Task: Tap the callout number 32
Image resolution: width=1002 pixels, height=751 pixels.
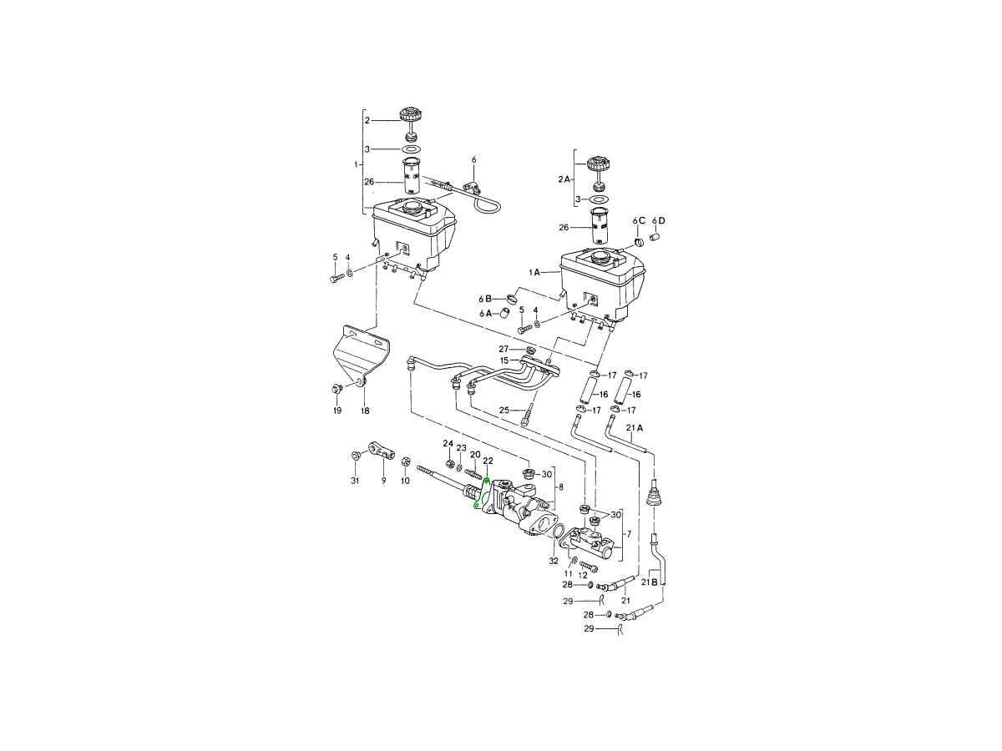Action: tap(554, 561)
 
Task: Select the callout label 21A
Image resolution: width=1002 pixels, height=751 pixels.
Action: tap(634, 428)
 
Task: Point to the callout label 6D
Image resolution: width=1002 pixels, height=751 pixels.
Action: tap(658, 220)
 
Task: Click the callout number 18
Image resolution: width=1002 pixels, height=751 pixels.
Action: tap(365, 411)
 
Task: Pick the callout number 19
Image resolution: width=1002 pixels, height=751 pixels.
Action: tap(337, 411)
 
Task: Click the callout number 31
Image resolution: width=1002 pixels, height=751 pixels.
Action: tap(355, 480)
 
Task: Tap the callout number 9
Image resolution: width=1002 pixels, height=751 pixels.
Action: tap(383, 480)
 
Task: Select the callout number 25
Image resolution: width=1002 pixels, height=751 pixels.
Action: tap(504, 410)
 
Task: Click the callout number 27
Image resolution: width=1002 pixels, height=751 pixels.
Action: tap(503, 350)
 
